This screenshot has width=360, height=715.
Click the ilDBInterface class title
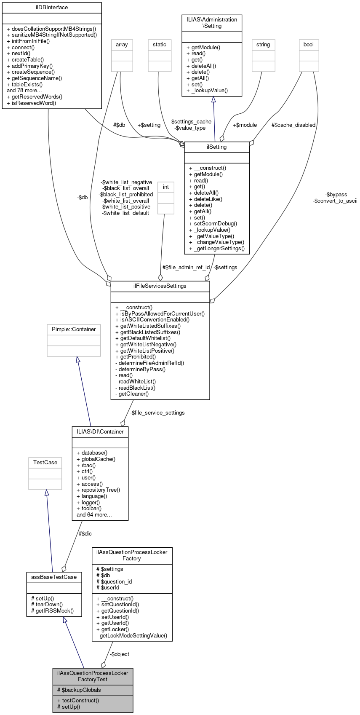coord(52,8)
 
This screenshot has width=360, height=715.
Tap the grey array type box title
coord(122,45)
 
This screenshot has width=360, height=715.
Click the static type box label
coord(160,45)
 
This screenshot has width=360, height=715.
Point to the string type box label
coord(263,45)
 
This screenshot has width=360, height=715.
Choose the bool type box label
coord(309,45)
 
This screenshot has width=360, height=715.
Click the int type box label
coord(166,187)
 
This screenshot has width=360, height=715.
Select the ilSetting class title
coord(217,147)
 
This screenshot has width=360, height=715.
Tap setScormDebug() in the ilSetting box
coord(213,224)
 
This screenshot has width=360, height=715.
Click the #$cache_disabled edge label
coord(293,125)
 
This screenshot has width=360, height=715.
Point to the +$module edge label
coord(245,125)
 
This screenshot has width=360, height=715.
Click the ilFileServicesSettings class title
coord(160,286)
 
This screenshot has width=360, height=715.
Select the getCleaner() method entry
coord(132,394)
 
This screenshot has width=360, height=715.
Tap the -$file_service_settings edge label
coord(157,413)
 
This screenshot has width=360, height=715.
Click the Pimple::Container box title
coord(74,329)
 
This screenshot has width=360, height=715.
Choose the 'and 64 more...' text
coord(94,515)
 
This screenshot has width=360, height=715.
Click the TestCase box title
coord(45,463)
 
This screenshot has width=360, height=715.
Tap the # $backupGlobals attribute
coord(79,690)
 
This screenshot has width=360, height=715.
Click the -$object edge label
coord(119,654)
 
